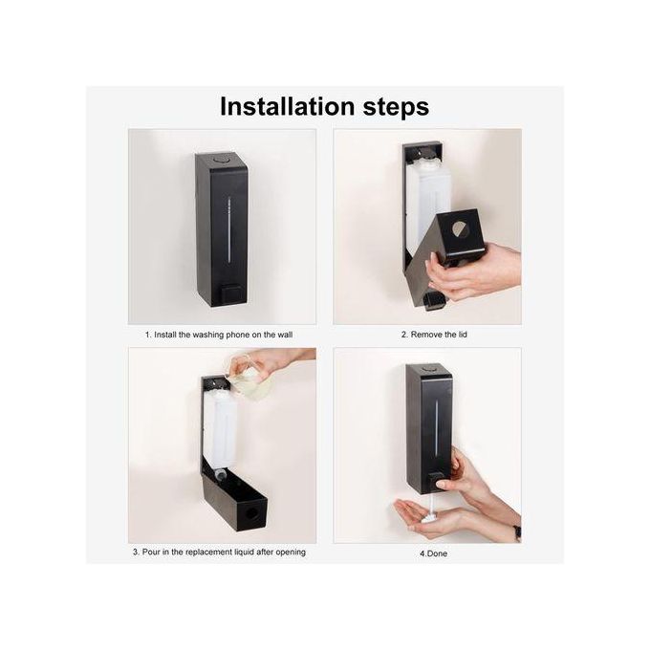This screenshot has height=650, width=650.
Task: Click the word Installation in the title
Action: (287, 106)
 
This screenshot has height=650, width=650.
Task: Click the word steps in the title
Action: (396, 108)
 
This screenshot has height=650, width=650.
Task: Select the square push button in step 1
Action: (230, 293)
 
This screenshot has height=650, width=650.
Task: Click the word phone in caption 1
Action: (237, 335)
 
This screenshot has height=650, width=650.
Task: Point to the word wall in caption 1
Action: (285, 335)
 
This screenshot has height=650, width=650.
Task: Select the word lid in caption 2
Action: (463, 335)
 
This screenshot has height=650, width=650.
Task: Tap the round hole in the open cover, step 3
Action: (251, 514)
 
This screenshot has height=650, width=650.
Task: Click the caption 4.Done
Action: (434, 553)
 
